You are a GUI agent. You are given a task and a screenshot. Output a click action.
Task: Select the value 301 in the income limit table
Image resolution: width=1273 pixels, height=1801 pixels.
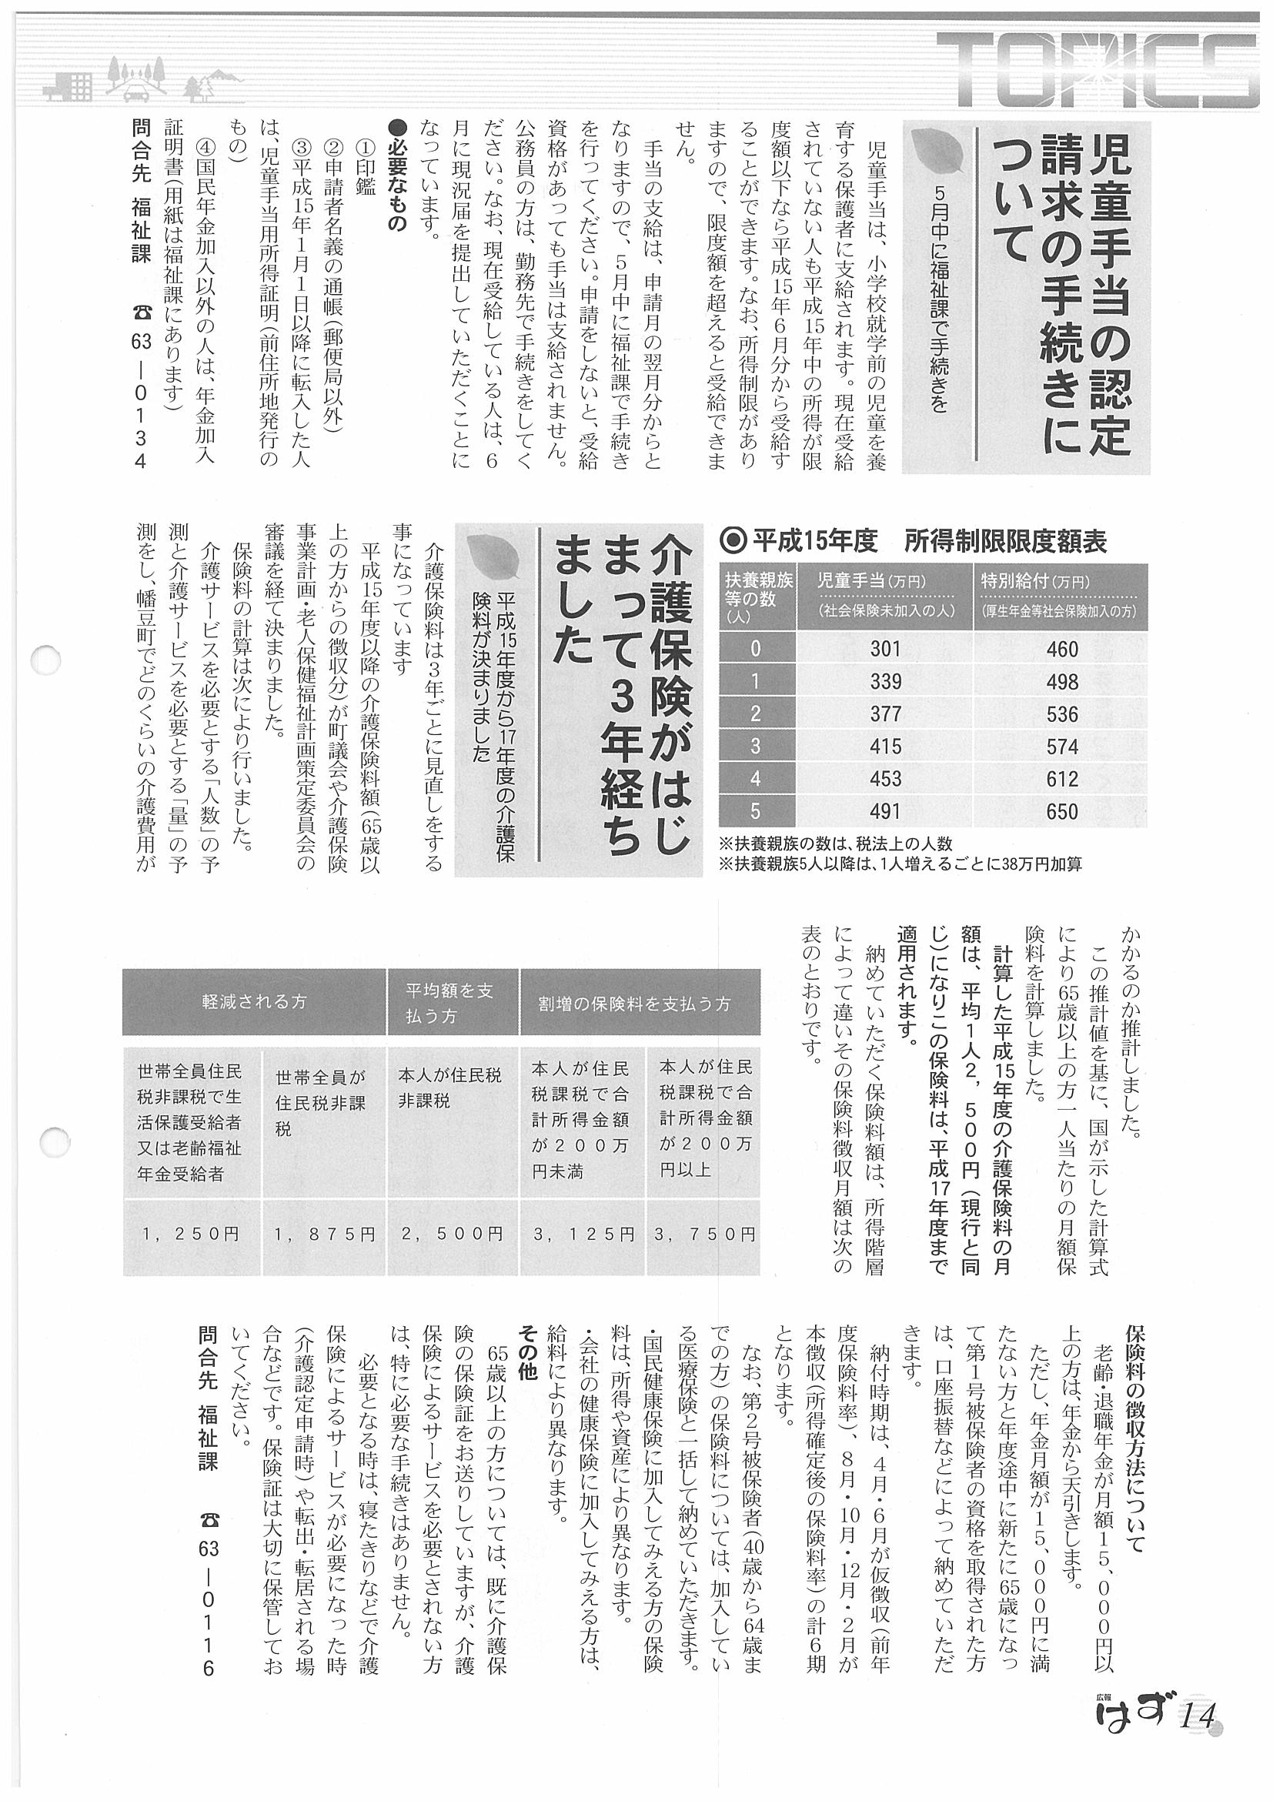coord(885,649)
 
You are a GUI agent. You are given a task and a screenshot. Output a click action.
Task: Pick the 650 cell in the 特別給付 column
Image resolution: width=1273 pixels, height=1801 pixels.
coord(1062,812)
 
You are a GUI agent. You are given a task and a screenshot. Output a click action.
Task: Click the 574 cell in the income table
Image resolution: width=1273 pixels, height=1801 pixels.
coord(1062,747)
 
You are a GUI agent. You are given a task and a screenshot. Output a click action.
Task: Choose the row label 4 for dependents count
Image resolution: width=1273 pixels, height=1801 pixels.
coord(755,779)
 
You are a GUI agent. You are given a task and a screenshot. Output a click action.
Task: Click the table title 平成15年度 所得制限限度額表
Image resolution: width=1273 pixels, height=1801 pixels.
coord(914,541)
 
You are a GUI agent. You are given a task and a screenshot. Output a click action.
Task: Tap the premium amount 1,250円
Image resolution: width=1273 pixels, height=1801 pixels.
coord(192,1234)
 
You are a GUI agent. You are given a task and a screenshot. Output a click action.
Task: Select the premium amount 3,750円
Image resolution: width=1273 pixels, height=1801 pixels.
coord(703,1234)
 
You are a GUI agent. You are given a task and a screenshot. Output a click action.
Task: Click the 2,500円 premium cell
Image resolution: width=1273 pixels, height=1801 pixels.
coord(453,1234)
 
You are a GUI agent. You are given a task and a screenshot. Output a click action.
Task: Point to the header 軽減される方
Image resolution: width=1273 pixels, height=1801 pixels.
coord(254,1001)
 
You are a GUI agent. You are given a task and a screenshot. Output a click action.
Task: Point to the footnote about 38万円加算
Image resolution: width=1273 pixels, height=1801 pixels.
coord(900,864)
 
